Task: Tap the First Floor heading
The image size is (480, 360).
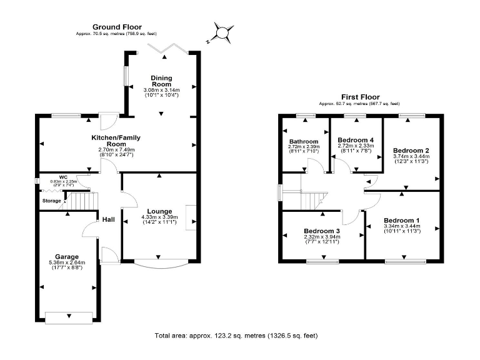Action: click(359, 97)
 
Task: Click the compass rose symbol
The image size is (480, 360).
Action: click(222, 32)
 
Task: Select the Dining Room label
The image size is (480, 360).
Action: click(161, 81)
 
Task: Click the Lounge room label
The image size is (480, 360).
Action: click(159, 211)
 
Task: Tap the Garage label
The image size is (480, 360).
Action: click(66, 256)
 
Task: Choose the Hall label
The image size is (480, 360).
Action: click(109, 219)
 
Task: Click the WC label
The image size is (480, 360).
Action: click(63, 177)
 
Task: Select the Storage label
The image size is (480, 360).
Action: click(51, 201)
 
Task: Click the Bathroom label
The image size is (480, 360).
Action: click(304, 141)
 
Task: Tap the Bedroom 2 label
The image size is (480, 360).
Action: click(411, 151)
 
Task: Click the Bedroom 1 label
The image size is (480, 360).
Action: click(401, 221)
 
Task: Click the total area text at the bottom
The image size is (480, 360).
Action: click(236, 336)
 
